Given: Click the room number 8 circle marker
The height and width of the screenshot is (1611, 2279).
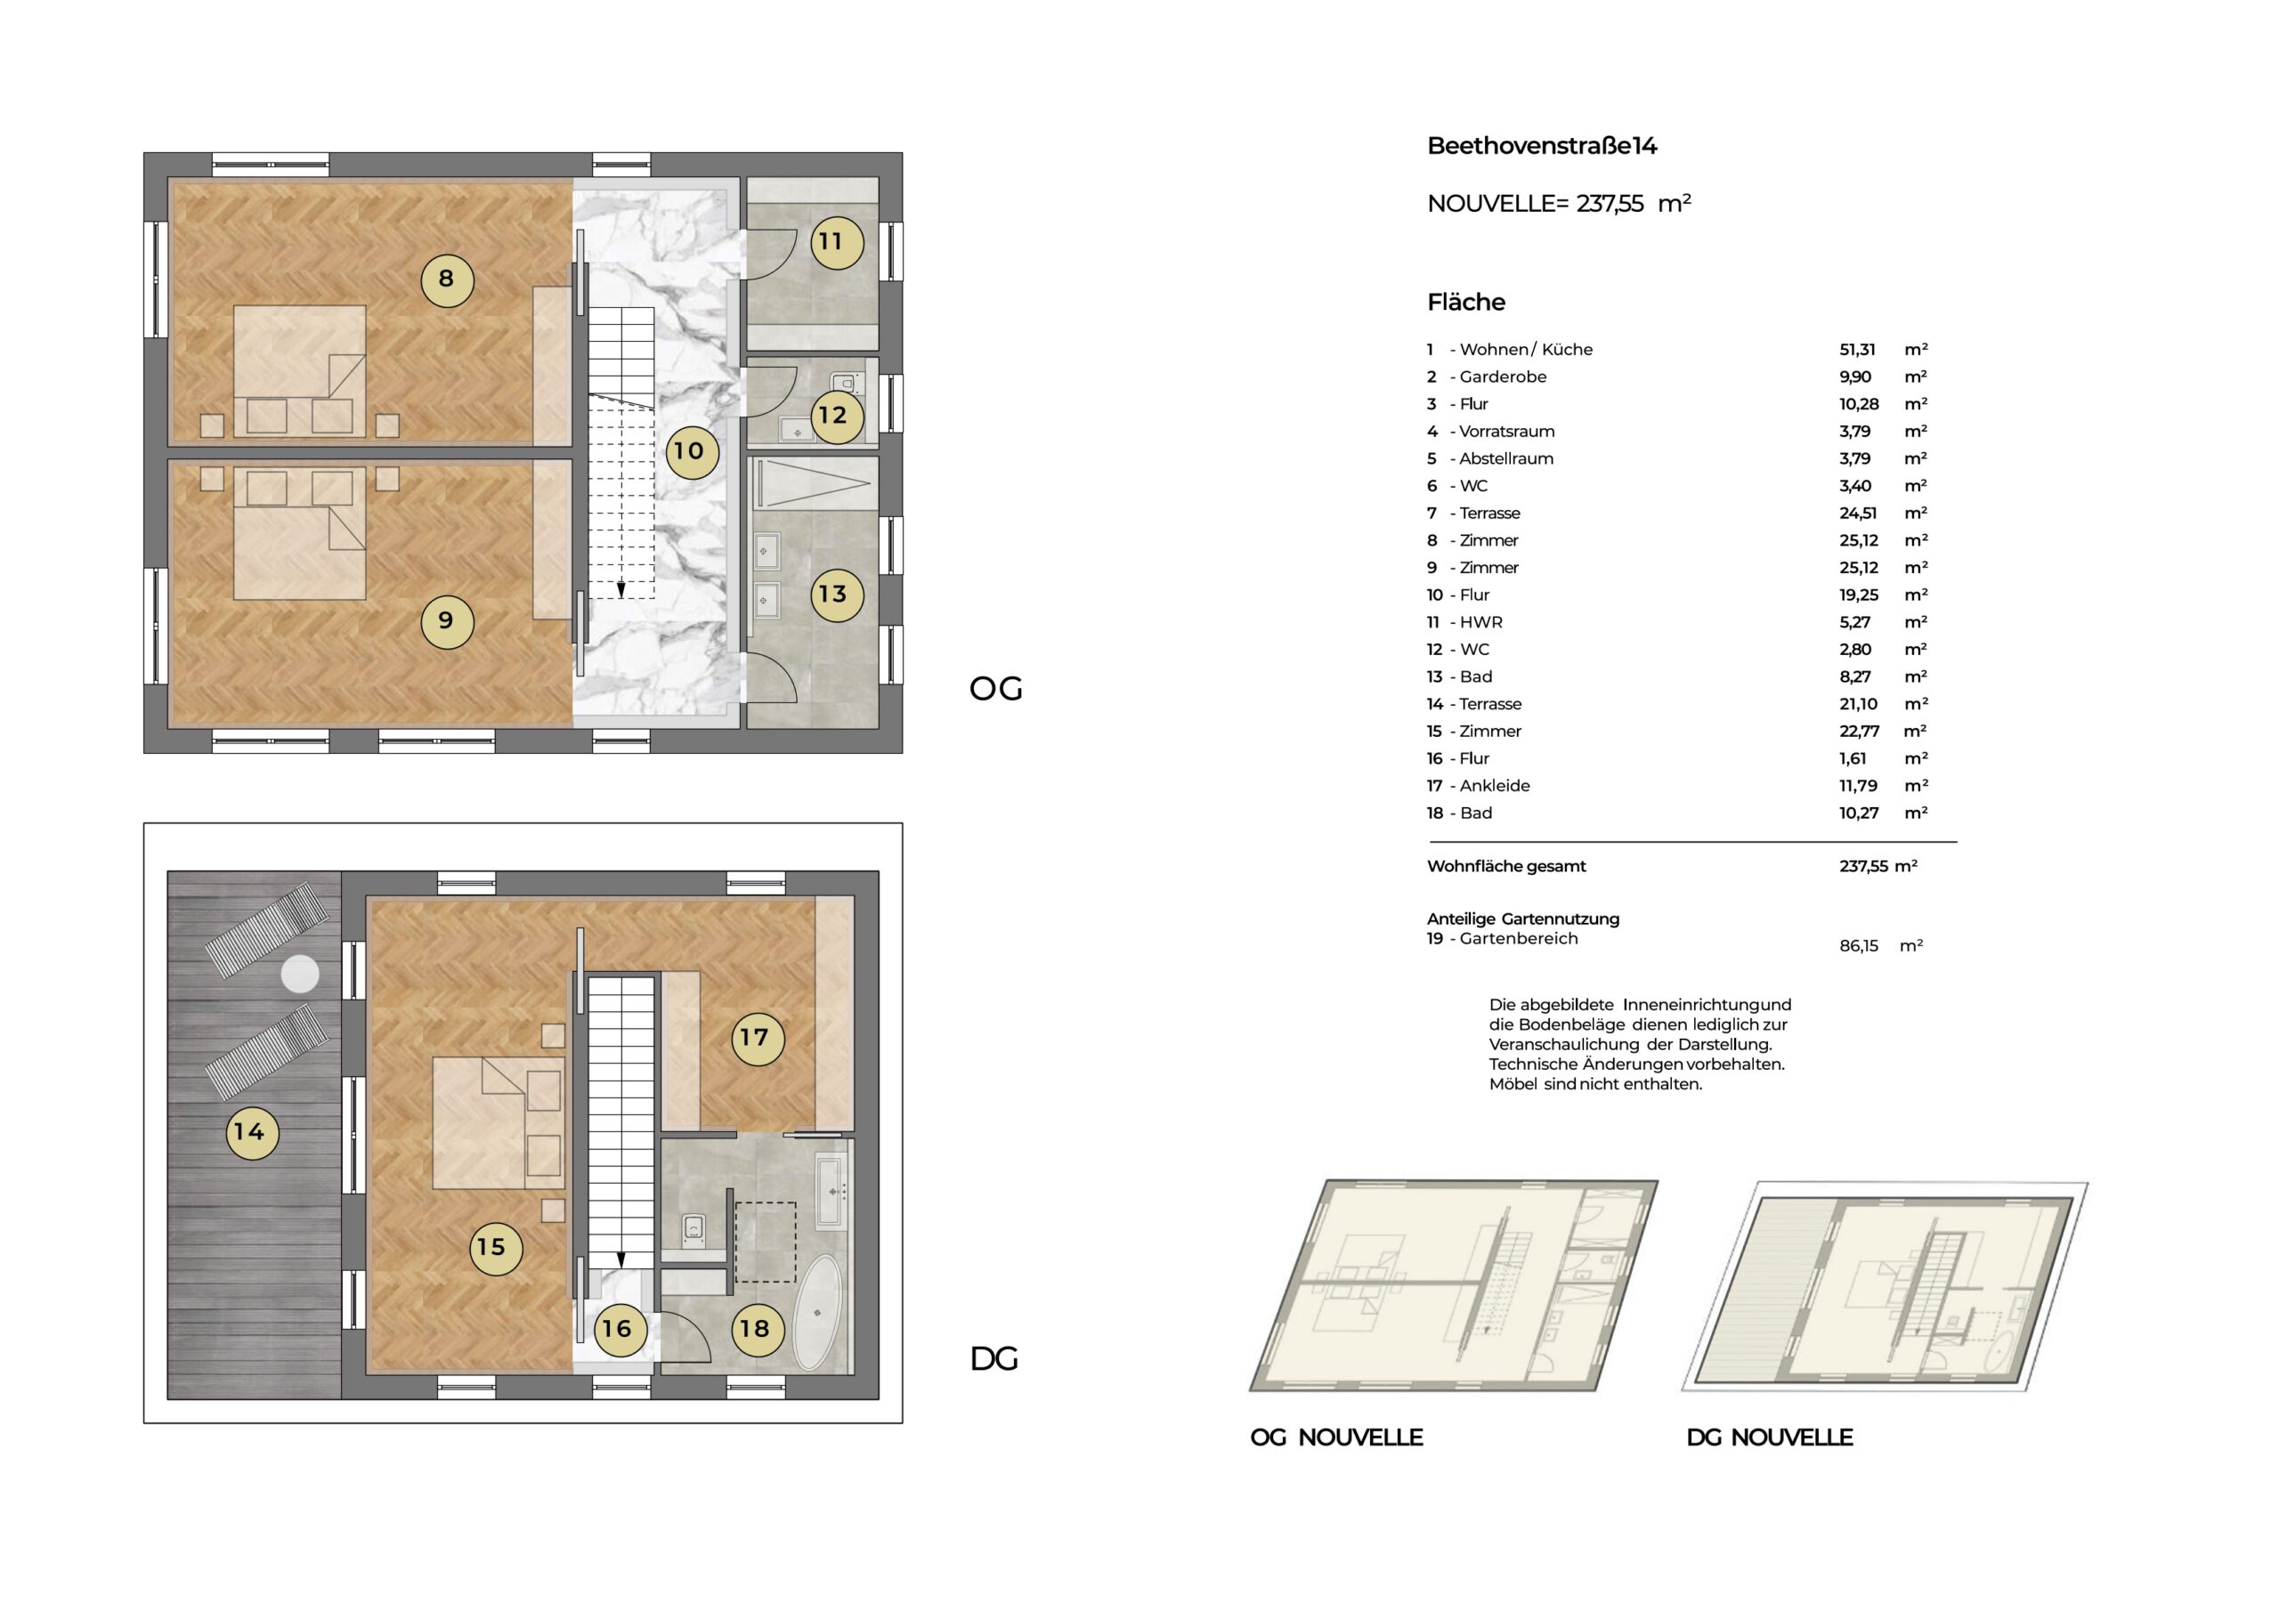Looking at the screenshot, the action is (x=447, y=279).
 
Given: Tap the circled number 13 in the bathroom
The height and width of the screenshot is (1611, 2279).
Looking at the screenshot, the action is (x=836, y=595).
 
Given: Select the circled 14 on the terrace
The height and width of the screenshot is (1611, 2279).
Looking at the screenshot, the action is (x=251, y=1132).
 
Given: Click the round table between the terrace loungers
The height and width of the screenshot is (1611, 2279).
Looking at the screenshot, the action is (x=300, y=974).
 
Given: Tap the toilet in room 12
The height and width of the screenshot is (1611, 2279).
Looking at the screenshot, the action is (x=845, y=385).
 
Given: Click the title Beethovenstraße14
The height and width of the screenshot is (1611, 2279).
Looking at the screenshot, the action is (x=1542, y=146).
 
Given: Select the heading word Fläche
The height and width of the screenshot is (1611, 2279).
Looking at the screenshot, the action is (x=1466, y=302).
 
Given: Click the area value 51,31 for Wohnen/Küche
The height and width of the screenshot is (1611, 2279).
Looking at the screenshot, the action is (x=1857, y=350).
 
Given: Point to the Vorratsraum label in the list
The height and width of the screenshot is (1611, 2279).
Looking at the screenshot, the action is (x=1507, y=432).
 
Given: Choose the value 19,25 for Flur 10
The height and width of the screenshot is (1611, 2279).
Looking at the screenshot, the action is (x=1858, y=595).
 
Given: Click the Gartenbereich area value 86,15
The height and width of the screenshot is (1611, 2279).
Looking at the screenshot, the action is (x=1858, y=946).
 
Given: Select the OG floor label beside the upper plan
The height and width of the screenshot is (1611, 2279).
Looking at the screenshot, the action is (x=995, y=689).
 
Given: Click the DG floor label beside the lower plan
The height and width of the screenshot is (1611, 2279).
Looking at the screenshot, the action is (x=994, y=1359).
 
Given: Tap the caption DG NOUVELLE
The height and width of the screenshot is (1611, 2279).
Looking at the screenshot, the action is (x=1770, y=1437).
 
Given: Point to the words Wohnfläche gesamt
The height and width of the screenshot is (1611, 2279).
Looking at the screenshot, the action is (x=1505, y=867).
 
